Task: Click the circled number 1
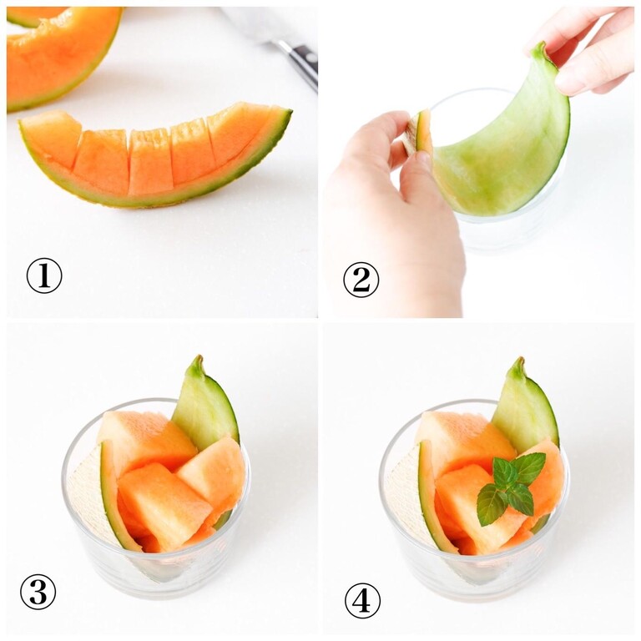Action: coord(44,275)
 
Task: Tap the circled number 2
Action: coord(361,280)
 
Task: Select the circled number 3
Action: coord(38,592)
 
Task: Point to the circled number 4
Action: coord(362,601)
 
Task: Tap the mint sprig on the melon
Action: coord(510,487)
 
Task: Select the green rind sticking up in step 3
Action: coord(205,405)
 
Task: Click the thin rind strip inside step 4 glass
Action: coord(433,499)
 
